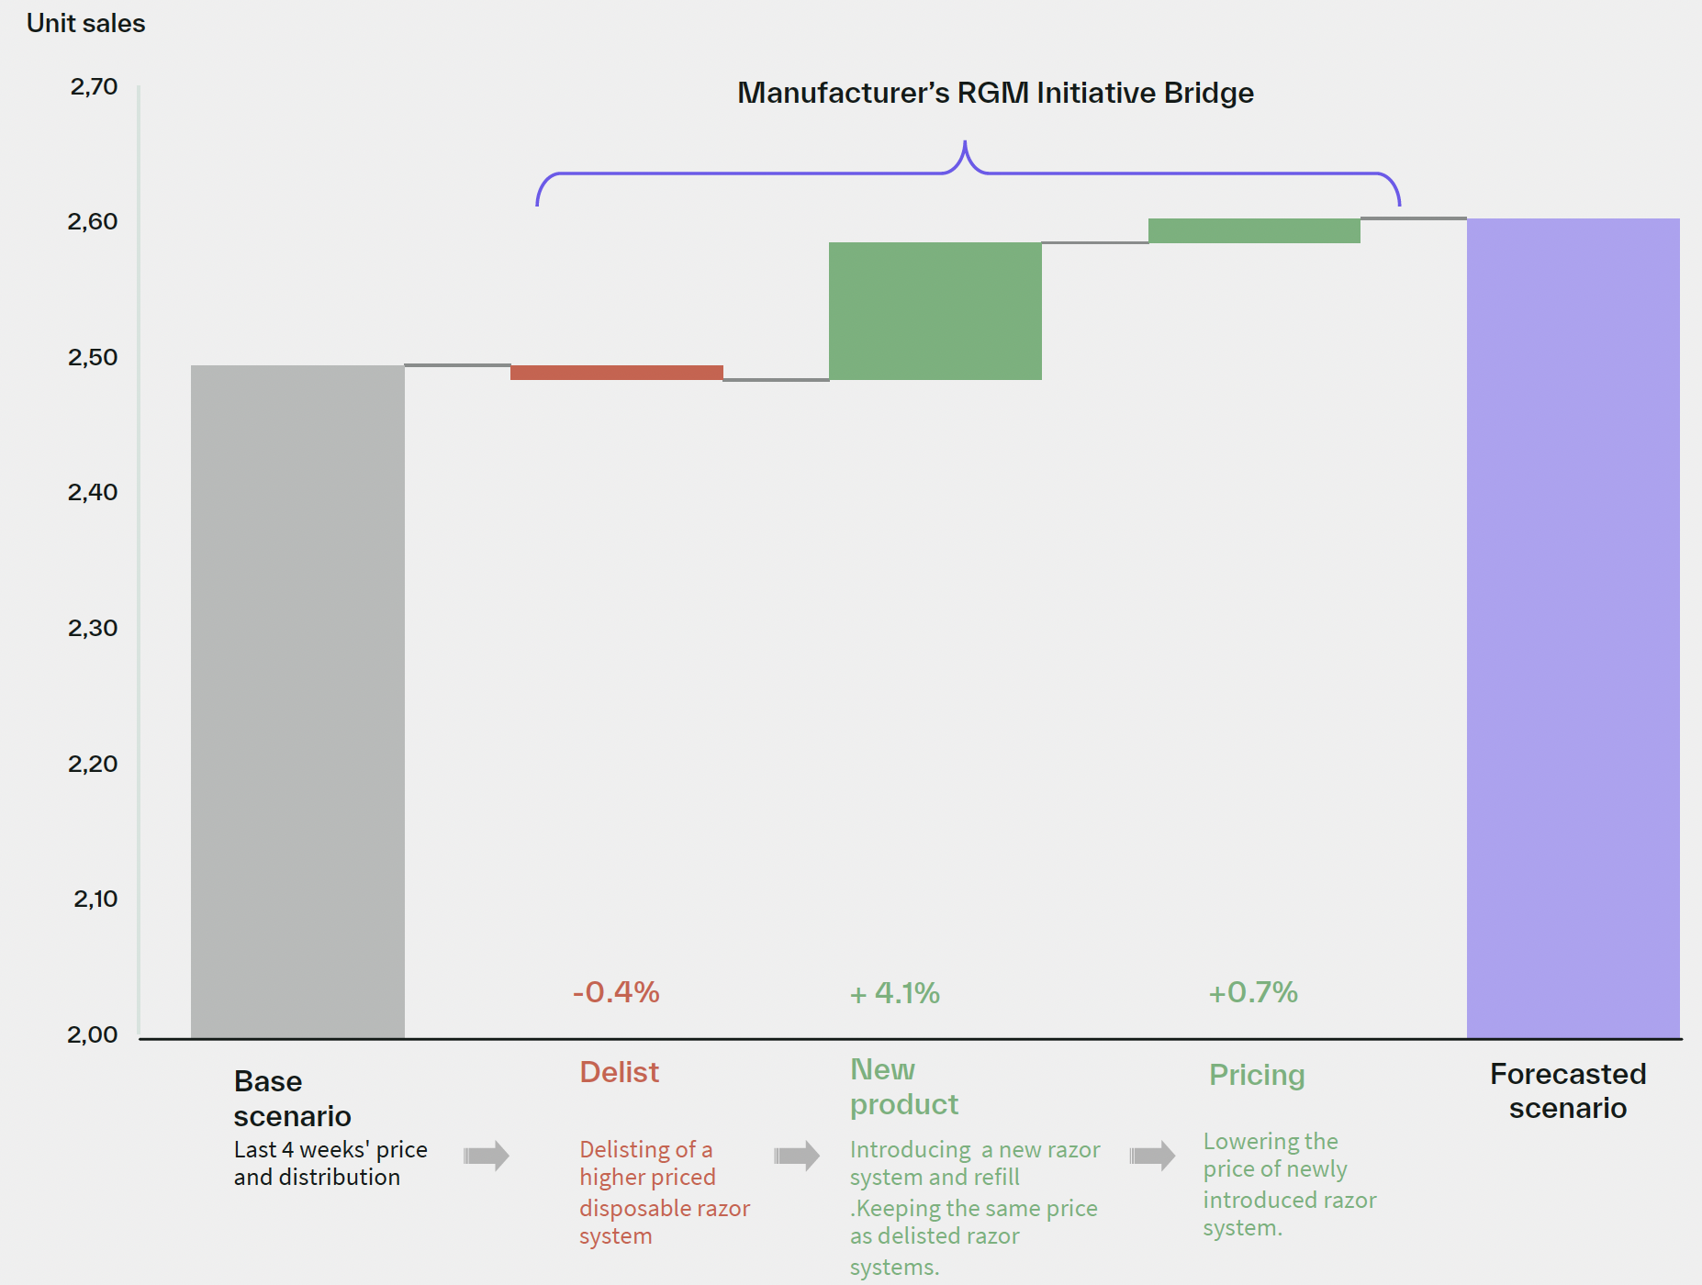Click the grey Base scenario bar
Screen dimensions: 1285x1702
click(297, 701)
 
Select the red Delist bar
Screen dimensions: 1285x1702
click(616, 373)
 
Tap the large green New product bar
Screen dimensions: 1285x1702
click(935, 311)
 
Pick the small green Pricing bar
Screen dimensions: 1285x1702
click(1254, 230)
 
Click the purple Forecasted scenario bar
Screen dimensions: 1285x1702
click(1573, 628)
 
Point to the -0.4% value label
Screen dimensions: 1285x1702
click(616, 992)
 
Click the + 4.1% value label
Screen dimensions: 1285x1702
click(895, 993)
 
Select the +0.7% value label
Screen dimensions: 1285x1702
click(1252, 992)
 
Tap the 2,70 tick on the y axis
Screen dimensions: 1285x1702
click(94, 87)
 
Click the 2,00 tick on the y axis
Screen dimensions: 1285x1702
click(93, 1034)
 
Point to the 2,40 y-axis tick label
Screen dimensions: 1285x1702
click(93, 493)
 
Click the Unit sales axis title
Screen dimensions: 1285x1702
click(86, 23)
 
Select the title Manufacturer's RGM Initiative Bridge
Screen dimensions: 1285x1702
click(995, 93)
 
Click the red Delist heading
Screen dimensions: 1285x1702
click(619, 1072)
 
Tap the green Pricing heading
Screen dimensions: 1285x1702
click(1256, 1075)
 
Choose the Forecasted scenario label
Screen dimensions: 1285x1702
click(1567, 1090)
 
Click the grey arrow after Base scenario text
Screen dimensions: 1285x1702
click(486, 1156)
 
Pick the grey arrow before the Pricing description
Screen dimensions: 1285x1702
click(1152, 1156)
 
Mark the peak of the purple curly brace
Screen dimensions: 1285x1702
click(965, 142)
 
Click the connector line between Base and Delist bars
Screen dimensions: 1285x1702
click(457, 365)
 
